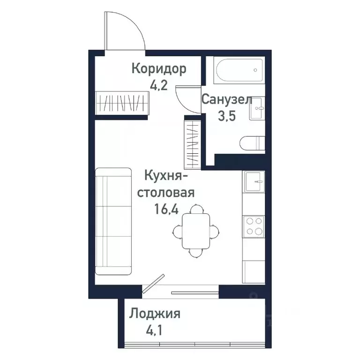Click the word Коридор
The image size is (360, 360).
coord(159,69)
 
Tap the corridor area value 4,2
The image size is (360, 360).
coord(159,86)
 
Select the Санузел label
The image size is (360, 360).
coord(227,99)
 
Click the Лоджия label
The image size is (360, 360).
coord(155,313)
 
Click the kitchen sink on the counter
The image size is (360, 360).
coord(254,181)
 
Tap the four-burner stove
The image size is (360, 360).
coord(254,226)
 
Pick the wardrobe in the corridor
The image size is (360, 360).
coord(122,102)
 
